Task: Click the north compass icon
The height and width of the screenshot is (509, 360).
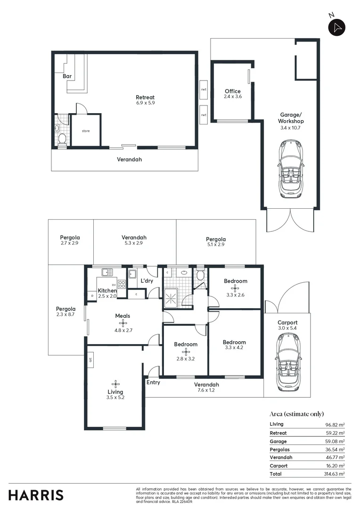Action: click(x=336, y=27)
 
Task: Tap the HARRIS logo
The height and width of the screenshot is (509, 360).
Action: click(x=36, y=495)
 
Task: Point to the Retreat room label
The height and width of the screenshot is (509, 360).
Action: click(x=145, y=98)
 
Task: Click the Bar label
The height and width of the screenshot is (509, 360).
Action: click(x=67, y=76)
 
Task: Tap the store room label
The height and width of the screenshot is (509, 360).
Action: click(x=85, y=131)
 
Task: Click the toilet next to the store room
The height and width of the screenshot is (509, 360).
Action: click(x=62, y=139)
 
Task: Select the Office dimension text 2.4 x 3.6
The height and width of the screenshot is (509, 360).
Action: click(x=232, y=97)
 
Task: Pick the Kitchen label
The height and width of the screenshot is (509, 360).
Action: click(x=107, y=291)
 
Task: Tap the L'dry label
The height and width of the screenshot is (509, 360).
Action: click(x=147, y=281)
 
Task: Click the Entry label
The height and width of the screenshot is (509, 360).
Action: click(x=153, y=382)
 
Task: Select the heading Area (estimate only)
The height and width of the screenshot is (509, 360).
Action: click(x=296, y=414)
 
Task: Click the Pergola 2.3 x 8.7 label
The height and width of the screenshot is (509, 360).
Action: click(x=65, y=312)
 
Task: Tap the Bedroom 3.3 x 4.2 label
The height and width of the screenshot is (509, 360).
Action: click(x=234, y=345)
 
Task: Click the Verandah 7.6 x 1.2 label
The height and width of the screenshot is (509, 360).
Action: click(x=206, y=387)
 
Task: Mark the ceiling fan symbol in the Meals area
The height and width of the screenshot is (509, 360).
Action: click(x=123, y=323)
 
